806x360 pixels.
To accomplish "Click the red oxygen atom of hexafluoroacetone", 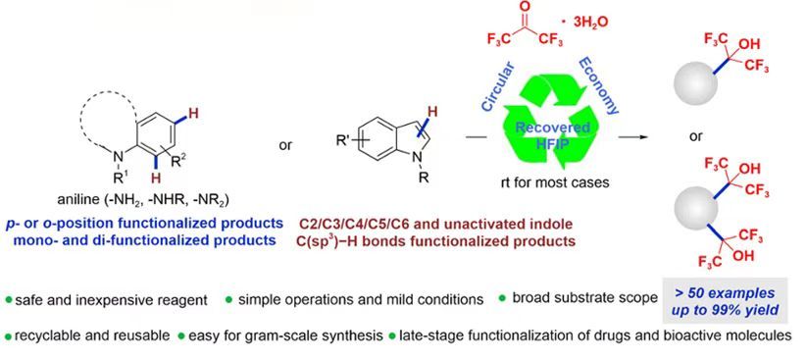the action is [521, 8].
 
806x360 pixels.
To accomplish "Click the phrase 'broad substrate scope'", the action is [586, 298].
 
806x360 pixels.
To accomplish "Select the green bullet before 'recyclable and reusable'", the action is [8, 336].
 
